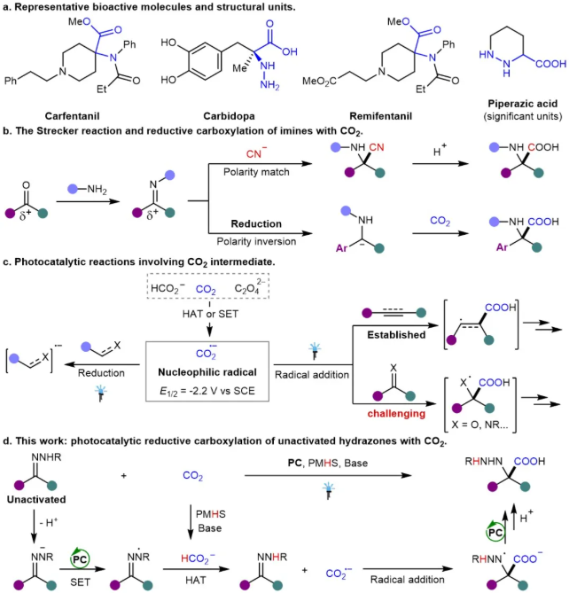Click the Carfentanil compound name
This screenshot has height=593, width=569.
pyautogui.click(x=72, y=116)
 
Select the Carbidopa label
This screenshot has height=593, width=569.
pyautogui.click(x=229, y=116)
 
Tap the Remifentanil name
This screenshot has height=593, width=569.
pyautogui.click(x=380, y=116)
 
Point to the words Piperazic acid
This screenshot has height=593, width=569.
pyautogui.click(x=523, y=104)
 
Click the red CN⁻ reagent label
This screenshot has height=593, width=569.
pyautogui.click(x=256, y=153)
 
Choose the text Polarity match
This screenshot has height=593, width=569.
pyautogui.click(x=256, y=172)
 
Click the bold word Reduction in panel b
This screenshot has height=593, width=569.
pyautogui.click(x=256, y=223)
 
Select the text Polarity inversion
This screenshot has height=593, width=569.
pyautogui.click(x=256, y=241)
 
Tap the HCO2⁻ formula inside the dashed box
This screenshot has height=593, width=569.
pyautogui.click(x=168, y=289)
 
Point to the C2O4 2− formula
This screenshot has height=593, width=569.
pyautogui.click(x=249, y=286)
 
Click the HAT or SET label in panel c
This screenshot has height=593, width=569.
pyautogui.click(x=210, y=314)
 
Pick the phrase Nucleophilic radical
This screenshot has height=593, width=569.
pyautogui.click(x=207, y=372)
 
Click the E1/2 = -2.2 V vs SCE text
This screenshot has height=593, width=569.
pyautogui.click(x=207, y=391)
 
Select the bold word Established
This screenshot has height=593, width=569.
pyautogui.click(x=396, y=335)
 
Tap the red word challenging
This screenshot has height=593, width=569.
pyautogui.click(x=396, y=413)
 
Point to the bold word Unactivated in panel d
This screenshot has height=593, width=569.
pyautogui.click(x=36, y=499)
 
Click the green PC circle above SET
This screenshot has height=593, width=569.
pyautogui.click(x=80, y=559)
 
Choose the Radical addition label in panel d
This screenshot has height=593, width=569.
pyautogui.click(x=407, y=580)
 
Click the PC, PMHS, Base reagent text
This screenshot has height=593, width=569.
pyautogui.click(x=327, y=463)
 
